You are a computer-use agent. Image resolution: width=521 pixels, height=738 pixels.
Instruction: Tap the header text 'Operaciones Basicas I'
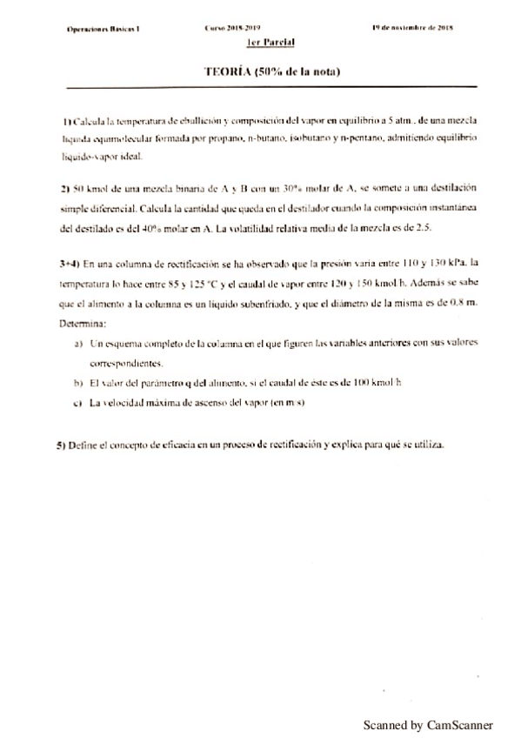click(x=104, y=28)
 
